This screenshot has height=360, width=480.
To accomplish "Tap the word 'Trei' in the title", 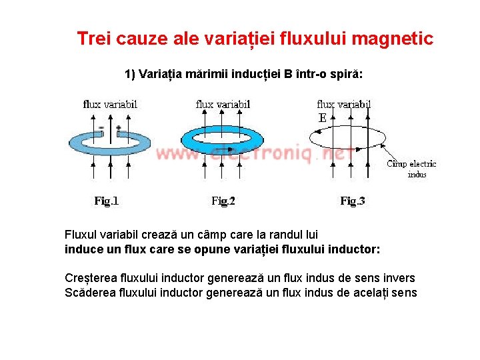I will tap(93, 39).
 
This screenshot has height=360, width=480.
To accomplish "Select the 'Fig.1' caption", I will tap(107, 201).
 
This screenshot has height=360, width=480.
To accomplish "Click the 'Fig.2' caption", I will tap(223, 201).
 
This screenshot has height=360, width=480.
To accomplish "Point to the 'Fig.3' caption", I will tap(353, 201).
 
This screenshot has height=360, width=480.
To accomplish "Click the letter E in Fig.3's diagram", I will tap(323, 118).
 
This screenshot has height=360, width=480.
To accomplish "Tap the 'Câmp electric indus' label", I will tap(411, 169).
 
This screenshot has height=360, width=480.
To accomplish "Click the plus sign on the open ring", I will tap(118, 127).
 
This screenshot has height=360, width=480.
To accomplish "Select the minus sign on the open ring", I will tap(101, 127).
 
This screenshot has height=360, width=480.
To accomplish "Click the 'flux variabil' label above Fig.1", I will tap(110, 104).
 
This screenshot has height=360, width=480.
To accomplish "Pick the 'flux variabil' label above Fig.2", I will tap(223, 104).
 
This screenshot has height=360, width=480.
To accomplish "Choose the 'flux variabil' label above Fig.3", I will tap(344, 104).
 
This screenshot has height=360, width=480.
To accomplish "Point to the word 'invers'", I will tap(398, 278).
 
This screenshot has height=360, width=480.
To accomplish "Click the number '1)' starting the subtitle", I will tap(130, 73).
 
